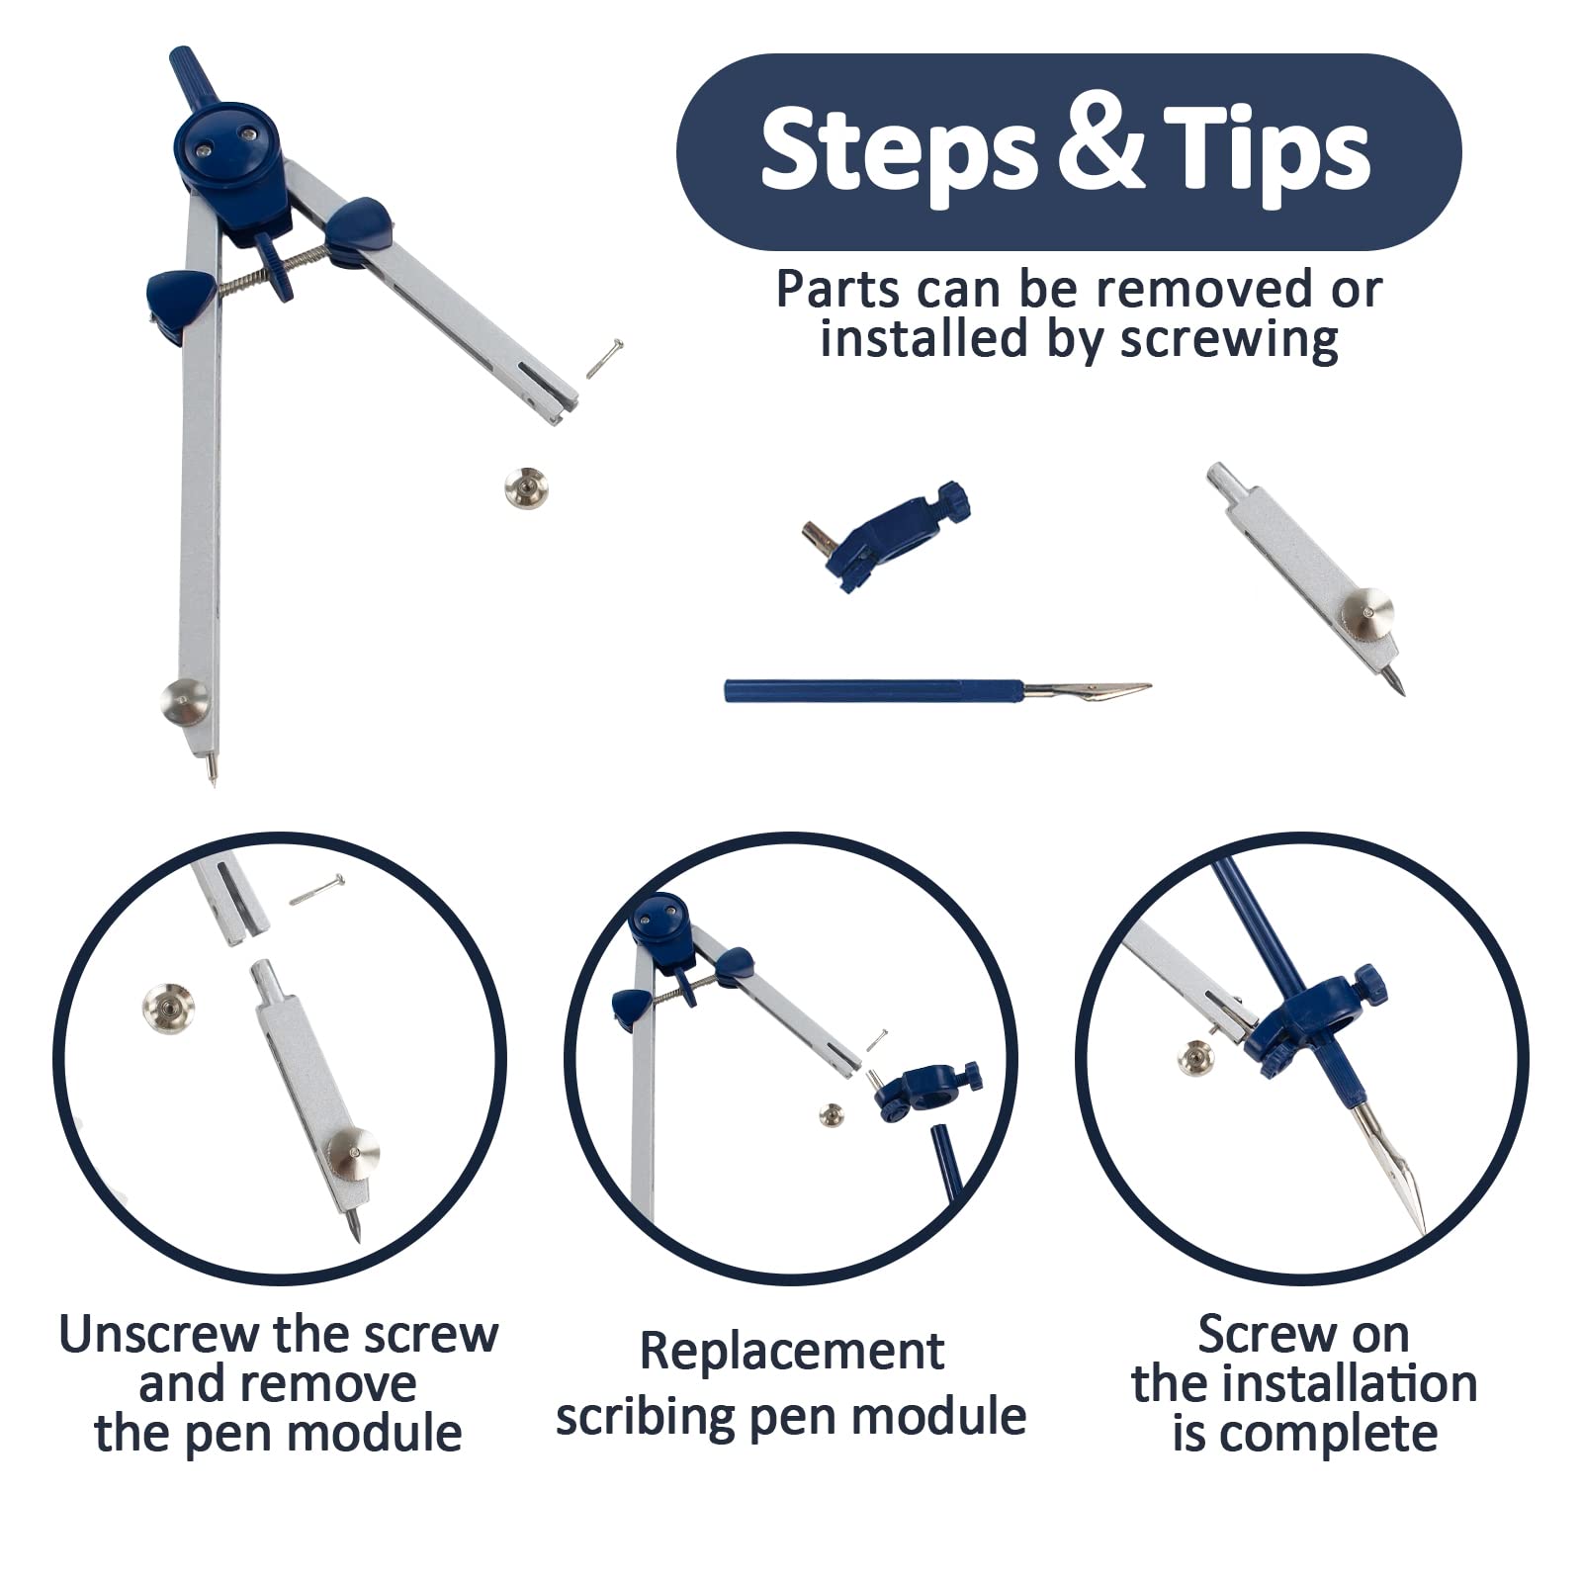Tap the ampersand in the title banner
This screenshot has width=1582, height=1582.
click(x=1099, y=148)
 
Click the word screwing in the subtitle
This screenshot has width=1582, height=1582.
click(x=1229, y=339)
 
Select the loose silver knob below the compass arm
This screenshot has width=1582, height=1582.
click(x=525, y=488)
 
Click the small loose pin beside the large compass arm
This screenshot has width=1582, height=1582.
click(x=604, y=358)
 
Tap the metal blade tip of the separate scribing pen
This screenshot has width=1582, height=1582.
click(x=1149, y=684)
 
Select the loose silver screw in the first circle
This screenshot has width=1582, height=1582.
click(x=168, y=1010)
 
